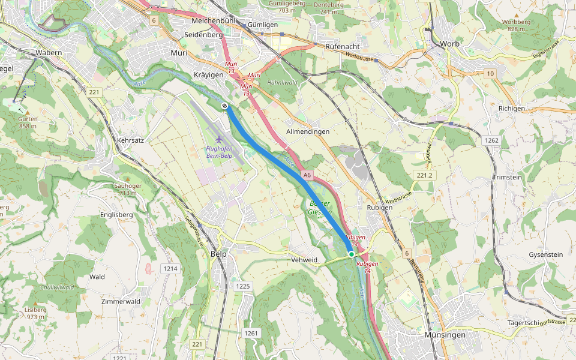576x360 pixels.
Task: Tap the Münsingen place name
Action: click(x=445, y=335)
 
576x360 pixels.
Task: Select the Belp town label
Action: click(x=219, y=254)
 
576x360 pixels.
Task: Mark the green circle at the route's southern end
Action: click(x=352, y=254)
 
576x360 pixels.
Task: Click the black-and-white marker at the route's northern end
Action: click(x=224, y=106)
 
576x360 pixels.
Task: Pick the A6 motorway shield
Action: click(x=307, y=175)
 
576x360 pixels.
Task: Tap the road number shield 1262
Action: click(x=491, y=140)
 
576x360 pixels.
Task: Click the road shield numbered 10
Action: click(x=491, y=73)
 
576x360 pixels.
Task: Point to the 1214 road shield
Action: click(x=170, y=268)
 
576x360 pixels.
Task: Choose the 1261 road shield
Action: click(x=251, y=333)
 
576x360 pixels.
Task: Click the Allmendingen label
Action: click(x=308, y=131)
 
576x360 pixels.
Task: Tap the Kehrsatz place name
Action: click(x=131, y=139)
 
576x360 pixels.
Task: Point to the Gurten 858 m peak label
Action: click(x=28, y=122)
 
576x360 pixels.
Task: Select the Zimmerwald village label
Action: click(x=121, y=301)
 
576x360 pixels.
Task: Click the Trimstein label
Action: click(x=507, y=178)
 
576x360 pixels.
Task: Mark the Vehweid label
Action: click(x=304, y=260)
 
